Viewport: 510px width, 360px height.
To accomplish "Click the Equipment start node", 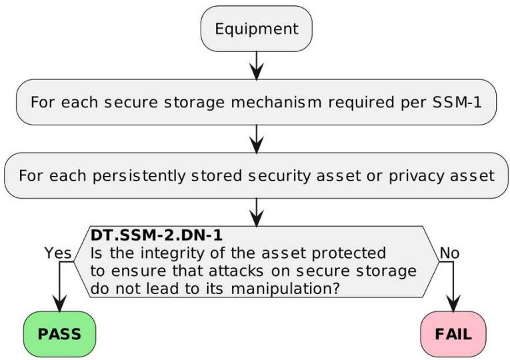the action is click(257, 29).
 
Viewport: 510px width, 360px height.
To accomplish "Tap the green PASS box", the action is click(59, 334).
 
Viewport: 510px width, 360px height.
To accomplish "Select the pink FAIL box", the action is click(453, 334).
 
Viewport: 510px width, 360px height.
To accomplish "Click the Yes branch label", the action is click(58, 253).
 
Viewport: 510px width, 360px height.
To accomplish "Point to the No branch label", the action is click(449, 253).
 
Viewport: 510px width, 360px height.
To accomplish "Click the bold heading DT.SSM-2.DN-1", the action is click(157, 235).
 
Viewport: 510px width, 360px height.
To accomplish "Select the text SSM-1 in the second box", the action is click(457, 102).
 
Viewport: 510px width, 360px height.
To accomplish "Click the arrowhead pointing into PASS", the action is click(59, 304).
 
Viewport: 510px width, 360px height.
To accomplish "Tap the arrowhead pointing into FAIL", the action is click(453, 304).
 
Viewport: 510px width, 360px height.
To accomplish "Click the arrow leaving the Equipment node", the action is click(257, 65).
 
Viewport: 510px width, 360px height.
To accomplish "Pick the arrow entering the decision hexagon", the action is click(257, 213).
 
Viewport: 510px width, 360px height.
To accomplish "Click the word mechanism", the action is click(276, 102).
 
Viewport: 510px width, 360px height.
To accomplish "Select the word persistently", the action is click(139, 176).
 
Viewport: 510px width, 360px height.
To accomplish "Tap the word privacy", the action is click(416, 176).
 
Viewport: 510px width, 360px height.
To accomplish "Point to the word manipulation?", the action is click(285, 289).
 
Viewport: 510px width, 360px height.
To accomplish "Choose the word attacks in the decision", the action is click(236, 271).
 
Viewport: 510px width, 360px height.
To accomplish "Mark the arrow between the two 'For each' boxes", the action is click(257, 139).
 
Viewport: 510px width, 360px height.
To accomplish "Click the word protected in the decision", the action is click(349, 253).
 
